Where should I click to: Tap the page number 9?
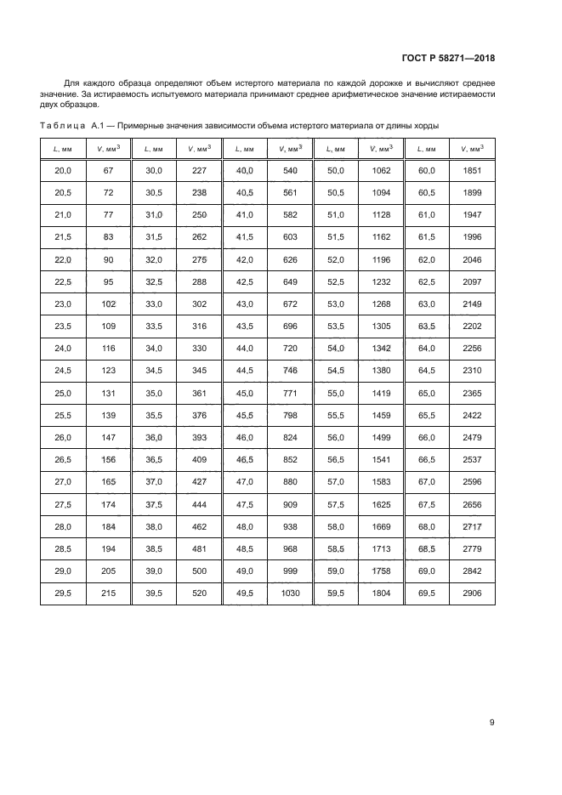(492, 723)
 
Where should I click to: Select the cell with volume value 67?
(108, 171)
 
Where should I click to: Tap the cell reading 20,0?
(63, 171)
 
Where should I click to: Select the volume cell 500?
(199, 569)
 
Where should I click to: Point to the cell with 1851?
(473, 171)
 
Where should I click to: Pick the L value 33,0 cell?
(154, 304)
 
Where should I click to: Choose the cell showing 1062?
(382, 171)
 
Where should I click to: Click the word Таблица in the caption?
(61, 126)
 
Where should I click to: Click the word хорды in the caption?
(423, 126)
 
